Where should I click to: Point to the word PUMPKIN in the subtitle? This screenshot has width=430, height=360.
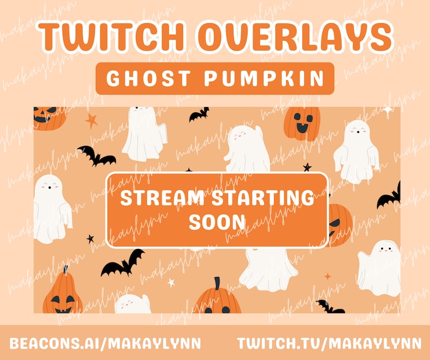coord(266,79)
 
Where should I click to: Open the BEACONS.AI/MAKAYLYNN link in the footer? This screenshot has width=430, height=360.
coord(105,343)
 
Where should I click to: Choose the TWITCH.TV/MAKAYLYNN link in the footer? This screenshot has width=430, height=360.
coord(329,343)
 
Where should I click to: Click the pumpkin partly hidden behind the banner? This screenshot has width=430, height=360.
coord(340,223)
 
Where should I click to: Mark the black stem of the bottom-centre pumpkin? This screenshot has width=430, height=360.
coord(217,284)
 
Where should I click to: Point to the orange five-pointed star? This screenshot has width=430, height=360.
coord(92,120)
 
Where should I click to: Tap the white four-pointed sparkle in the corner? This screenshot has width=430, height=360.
coord(388,111)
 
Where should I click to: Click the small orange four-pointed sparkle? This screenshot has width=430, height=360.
coord(327,276)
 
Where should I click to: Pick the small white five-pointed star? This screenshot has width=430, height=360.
coord(171,282)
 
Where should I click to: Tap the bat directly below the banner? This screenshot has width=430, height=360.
coord(123,264)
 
